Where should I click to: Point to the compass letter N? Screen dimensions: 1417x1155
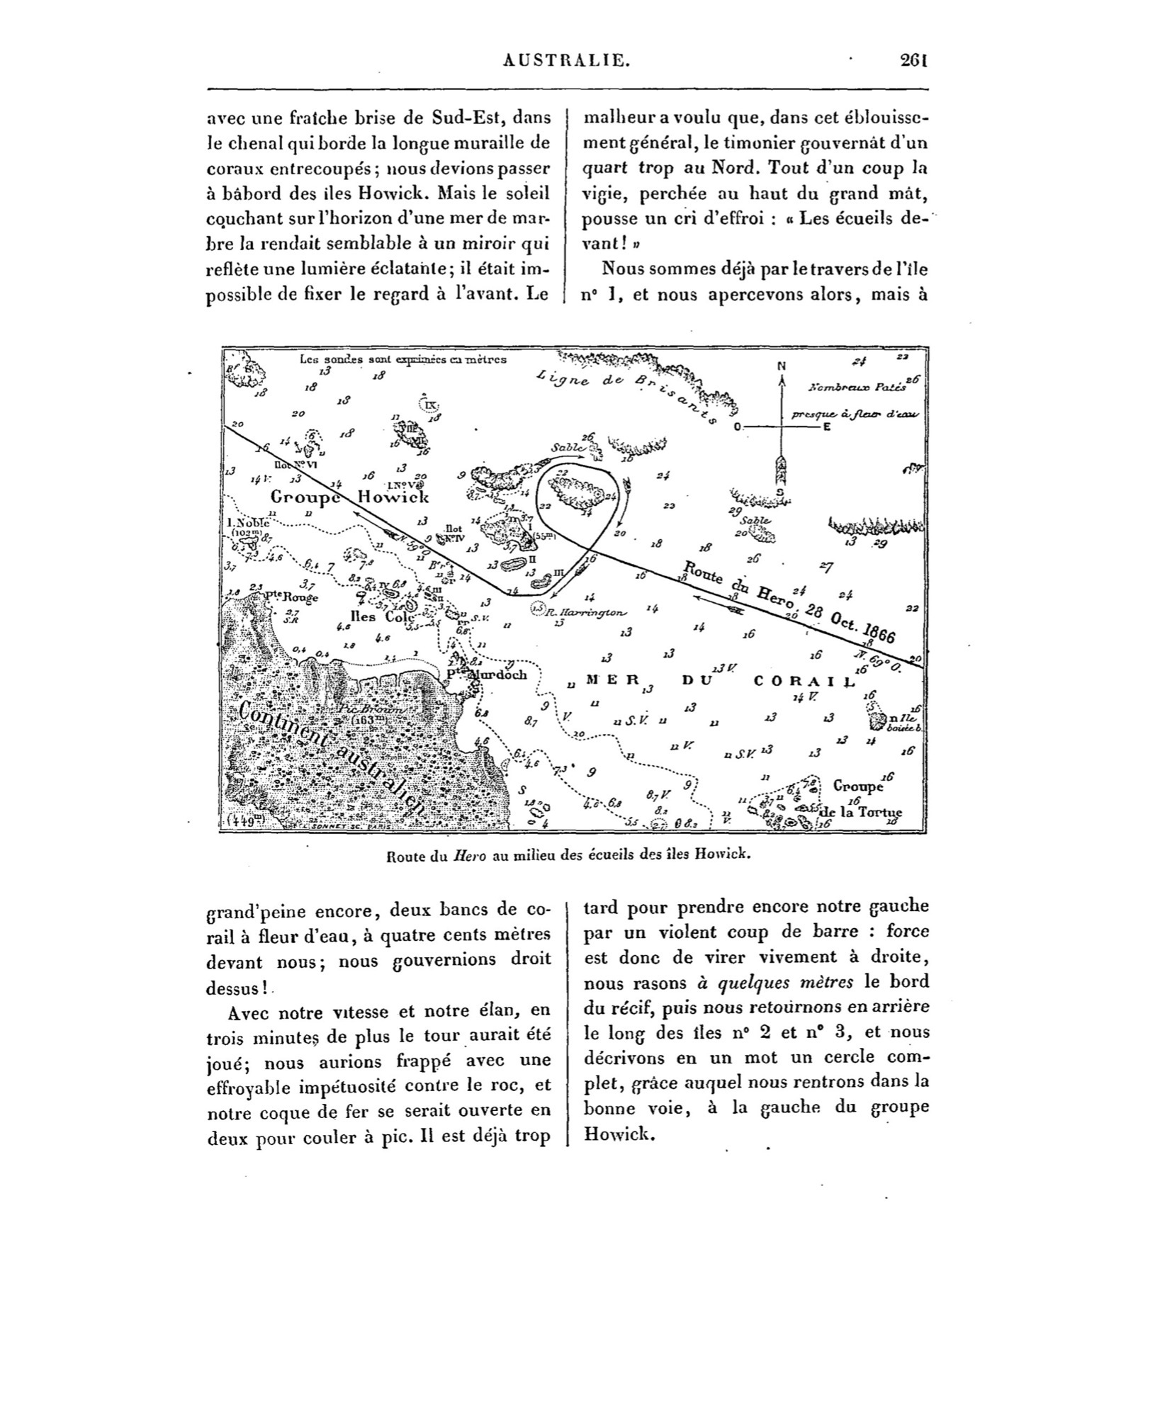782,366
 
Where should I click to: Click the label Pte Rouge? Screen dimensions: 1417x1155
291,596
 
